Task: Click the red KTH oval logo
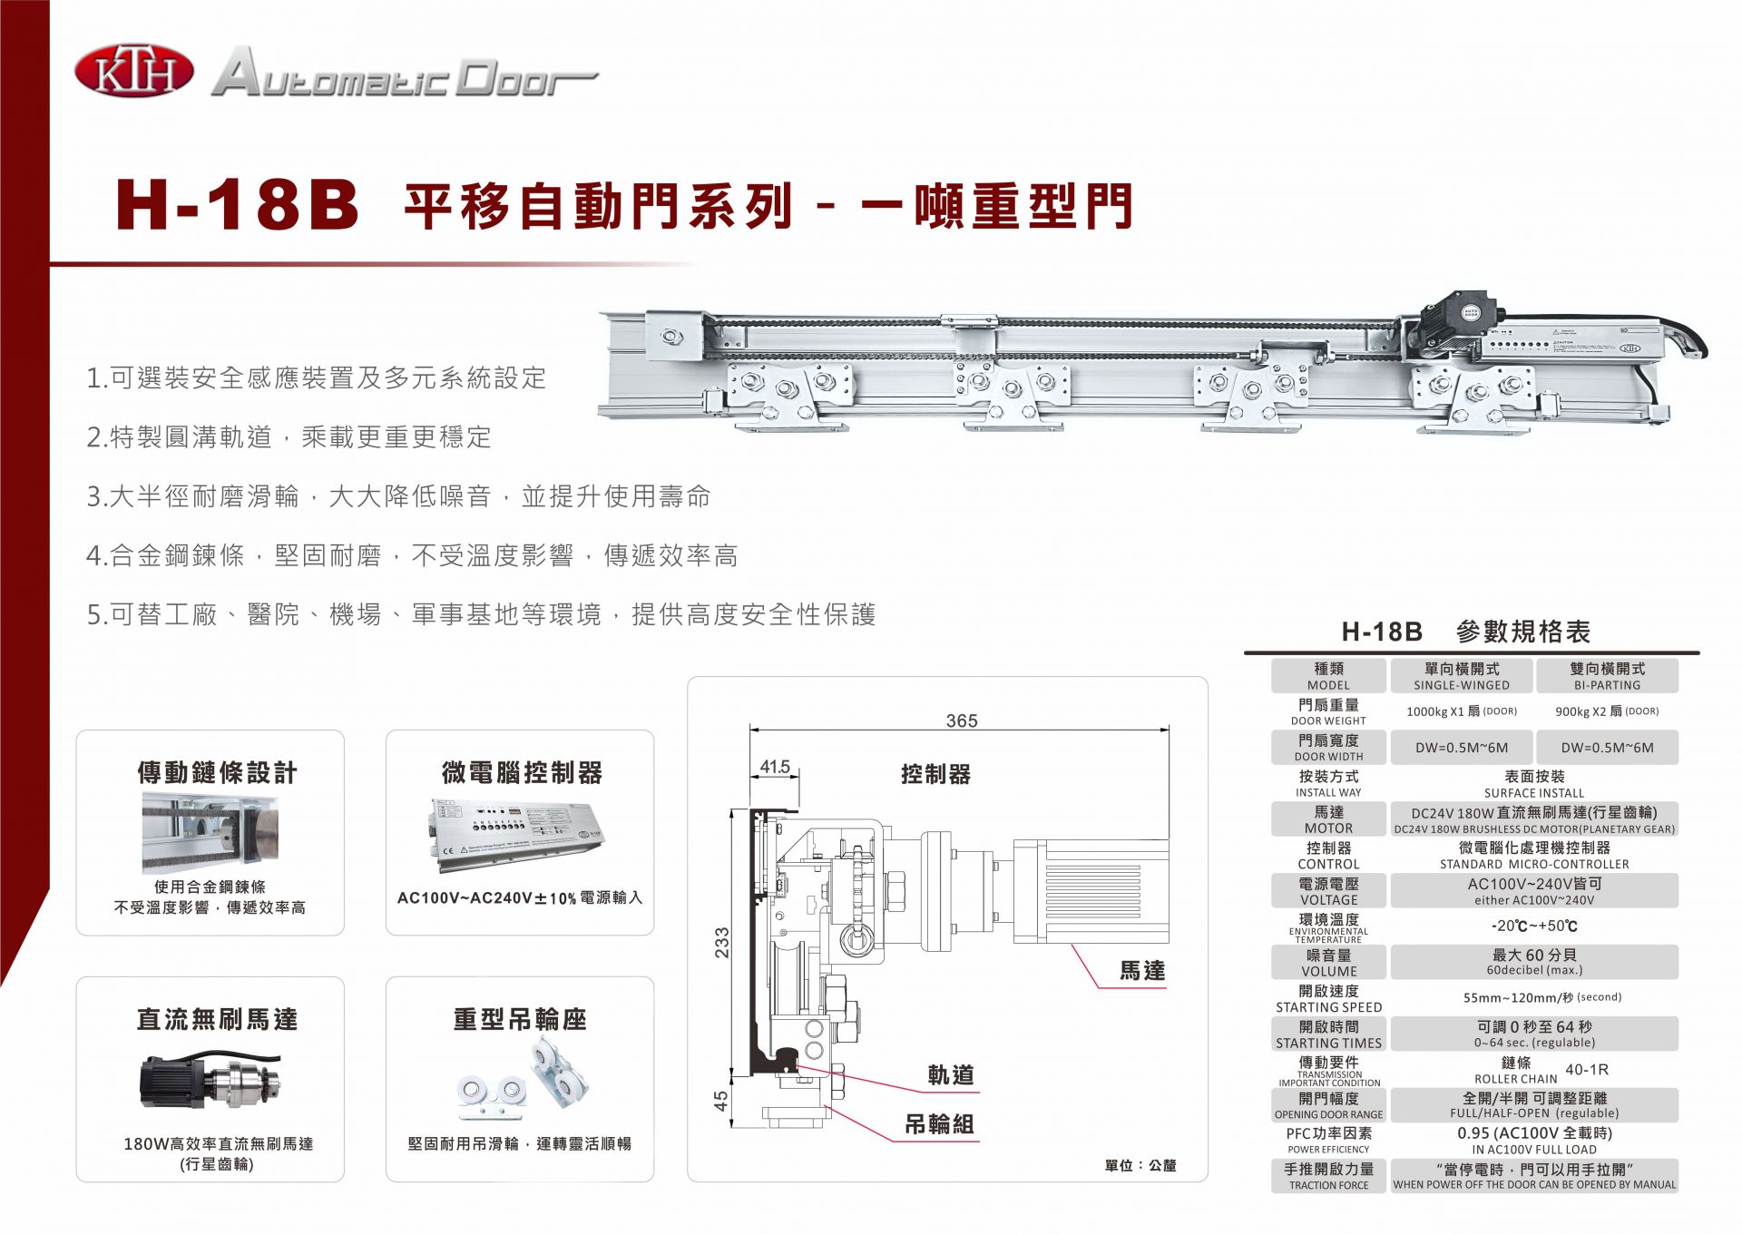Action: [x=134, y=73]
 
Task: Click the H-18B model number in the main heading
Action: [x=238, y=205]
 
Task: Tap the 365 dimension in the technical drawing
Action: [x=962, y=720]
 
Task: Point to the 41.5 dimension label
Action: [x=775, y=767]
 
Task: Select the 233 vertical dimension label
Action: [x=721, y=943]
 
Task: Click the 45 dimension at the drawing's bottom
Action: [x=720, y=1101]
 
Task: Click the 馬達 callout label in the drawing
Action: [x=1142, y=971]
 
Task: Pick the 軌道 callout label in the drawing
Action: [x=951, y=1075]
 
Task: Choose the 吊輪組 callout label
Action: [x=940, y=1124]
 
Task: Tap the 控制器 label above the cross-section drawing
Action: [x=935, y=774]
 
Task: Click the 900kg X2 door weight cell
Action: [x=1607, y=711]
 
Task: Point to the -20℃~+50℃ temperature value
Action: [x=1534, y=926]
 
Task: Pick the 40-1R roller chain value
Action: [x=1587, y=1070]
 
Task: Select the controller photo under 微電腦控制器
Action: [x=518, y=835]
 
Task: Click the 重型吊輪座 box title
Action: [x=520, y=1020]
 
